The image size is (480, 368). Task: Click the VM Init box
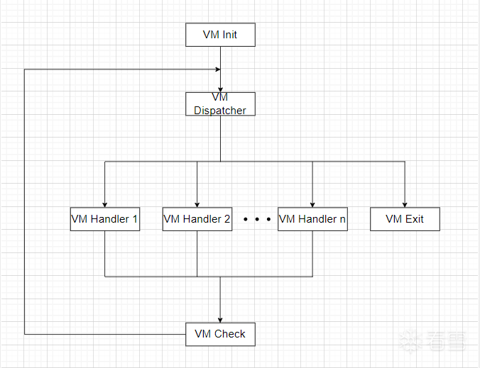pos(220,35)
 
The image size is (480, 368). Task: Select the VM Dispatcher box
pos(220,104)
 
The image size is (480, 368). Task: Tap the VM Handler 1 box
pos(105,219)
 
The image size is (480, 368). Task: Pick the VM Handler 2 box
pos(197,219)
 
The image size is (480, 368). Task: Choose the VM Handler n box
pos(312,219)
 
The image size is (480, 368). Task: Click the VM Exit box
pos(405,219)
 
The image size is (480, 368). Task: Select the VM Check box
pos(220,334)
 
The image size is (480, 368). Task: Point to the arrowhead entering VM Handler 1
pos(105,204)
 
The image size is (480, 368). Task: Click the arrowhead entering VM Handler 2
pos(197,204)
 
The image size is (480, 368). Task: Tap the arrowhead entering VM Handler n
pos(312,204)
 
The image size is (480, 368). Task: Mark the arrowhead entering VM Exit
pos(405,204)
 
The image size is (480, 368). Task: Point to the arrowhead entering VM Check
pos(220,319)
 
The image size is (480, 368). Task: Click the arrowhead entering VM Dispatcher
pos(220,89)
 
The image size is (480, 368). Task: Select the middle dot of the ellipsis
pos(256,220)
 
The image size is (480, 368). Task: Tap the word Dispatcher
pos(220,111)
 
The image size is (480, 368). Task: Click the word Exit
pos(414,219)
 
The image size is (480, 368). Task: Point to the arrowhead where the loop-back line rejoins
pos(217,69)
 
